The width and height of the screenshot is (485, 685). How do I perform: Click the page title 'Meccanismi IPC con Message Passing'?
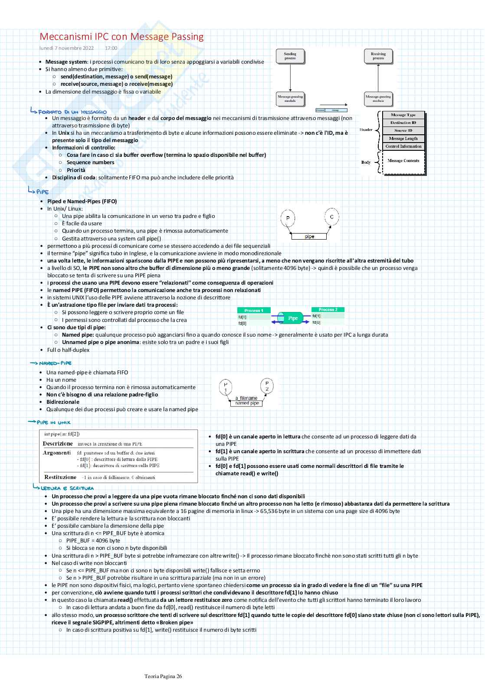pos(121,37)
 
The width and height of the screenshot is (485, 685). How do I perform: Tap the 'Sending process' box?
pos(290,56)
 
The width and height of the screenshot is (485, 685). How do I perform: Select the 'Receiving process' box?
pos(378,56)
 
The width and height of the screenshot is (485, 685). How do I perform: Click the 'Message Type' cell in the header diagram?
pos(403,115)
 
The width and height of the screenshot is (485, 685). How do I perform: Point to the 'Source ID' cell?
pos(403,130)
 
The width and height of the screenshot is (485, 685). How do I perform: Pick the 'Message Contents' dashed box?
pos(403,161)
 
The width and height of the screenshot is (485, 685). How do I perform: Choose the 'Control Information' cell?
pos(403,146)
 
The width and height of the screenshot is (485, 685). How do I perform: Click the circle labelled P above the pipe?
pos(288,218)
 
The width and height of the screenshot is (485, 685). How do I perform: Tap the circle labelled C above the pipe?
pos(331,217)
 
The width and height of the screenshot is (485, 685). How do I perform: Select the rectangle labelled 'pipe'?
pos(309,237)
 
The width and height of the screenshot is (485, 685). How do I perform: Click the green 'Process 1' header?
pos(254,310)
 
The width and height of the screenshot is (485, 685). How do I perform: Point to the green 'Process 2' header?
pos(328,309)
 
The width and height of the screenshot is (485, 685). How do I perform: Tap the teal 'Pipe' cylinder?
pos(293,318)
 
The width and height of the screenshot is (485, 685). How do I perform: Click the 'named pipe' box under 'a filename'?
pos(247,403)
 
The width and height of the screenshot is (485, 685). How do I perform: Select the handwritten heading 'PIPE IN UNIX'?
pos(54,422)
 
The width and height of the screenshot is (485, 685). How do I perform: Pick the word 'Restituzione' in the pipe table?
pos(60,477)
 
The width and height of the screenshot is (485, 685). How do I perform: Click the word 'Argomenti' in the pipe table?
pos(57,453)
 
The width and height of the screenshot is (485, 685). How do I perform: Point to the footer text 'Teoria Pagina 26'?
pos(163,676)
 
